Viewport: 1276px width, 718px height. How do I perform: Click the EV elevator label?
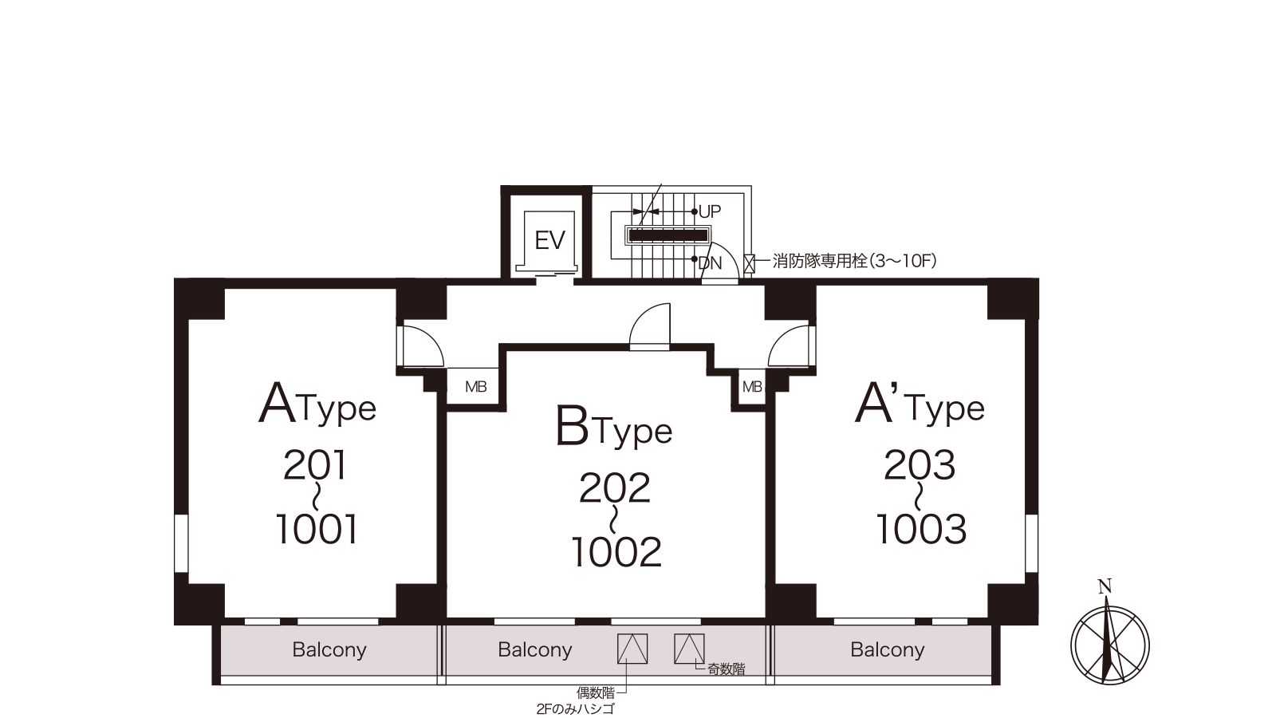(x=549, y=240)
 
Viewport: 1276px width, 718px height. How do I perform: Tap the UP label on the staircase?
(x=710, y=212)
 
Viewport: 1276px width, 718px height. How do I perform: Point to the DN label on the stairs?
(x=710, y=263)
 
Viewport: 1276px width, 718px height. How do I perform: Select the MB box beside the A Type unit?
(x=475, y=387)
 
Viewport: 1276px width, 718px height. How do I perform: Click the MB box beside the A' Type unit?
(x=752, y=387)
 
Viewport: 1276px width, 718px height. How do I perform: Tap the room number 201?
(x=315, y=466)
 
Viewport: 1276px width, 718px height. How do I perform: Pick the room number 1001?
(x=317, y=530)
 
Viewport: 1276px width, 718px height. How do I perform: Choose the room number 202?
(x=615, y=487)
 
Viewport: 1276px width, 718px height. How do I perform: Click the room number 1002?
(x=616, y=551)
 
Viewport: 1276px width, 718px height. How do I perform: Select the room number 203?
(x=920, y=466)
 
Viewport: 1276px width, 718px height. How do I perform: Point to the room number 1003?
(x=921, y=530)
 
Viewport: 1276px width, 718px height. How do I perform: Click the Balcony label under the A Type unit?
(x=329, y=650)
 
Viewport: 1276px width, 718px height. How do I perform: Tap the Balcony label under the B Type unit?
(x=535, y=650)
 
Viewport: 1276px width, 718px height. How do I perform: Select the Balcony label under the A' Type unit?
(x=888, y=650)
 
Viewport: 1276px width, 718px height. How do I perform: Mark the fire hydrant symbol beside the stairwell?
(x=749, y=264)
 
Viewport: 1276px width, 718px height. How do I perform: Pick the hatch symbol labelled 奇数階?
(x=689, y=649)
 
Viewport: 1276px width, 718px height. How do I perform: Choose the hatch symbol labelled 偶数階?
(x=632, y=649)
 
